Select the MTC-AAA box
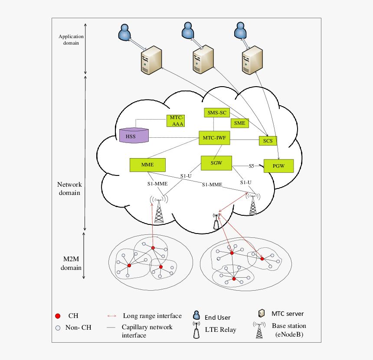click(x=176, y=121)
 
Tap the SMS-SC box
click(x=217, y=113)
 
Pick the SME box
click(x=239, y=123)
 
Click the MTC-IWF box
click(x=215, y=138)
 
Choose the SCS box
click(x=268, y=140)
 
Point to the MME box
click(x=147, y=165)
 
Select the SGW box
click(x=216, y=163)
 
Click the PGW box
click(x=278, y=166)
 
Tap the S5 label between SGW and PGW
click(x=251, y=166)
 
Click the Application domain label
click(x=71, y=40)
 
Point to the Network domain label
click(x=69, y=188)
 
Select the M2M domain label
click(x=71, y=263)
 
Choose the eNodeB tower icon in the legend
click(x=259, y=331)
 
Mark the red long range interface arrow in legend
click(x=112, y=316)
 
